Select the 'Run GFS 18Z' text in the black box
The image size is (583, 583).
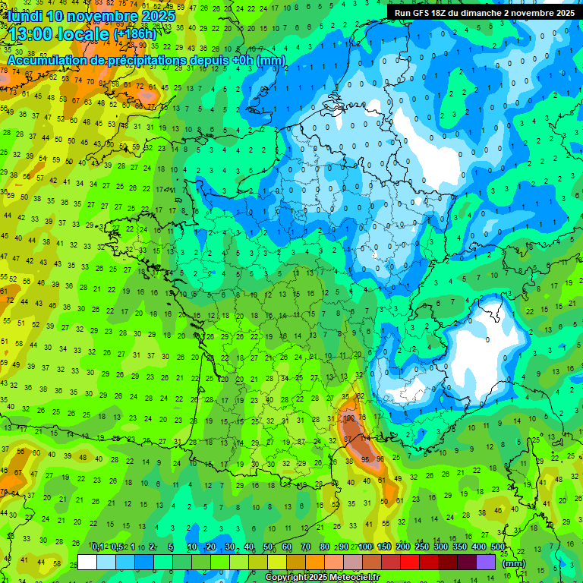[430, 13]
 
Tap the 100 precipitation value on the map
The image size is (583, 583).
[349, 418]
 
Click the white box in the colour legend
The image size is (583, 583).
[87, 562]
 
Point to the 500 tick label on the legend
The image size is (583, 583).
[498, 547]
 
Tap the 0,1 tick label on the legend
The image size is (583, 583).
[97, 547]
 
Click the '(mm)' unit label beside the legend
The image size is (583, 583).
[514, 563]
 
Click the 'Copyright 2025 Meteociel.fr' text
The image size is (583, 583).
[322, 578]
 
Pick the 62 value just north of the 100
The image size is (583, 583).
[360, 396]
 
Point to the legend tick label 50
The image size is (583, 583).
[267, 547]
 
